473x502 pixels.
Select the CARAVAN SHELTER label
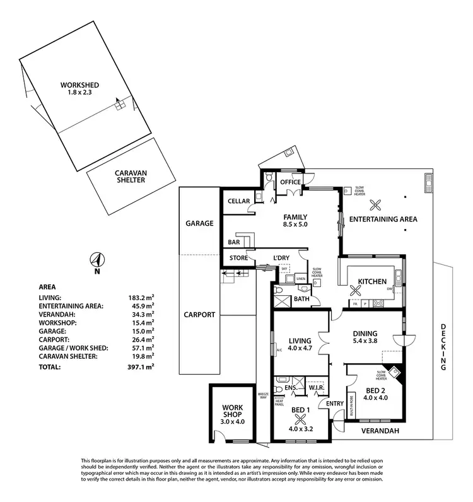click(130, 176)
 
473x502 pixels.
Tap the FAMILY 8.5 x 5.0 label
click(295, 219)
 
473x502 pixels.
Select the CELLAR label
click(240, 202)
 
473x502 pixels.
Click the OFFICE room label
click(291, 182)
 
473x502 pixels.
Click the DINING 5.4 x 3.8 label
click(365, 339)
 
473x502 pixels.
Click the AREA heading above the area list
click(47, 285)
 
